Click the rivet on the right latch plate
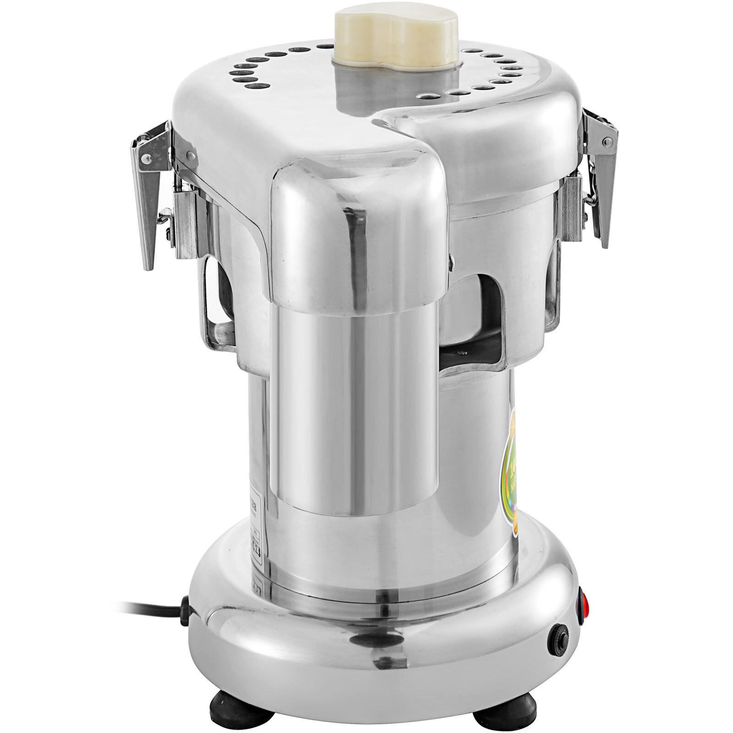607,143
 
